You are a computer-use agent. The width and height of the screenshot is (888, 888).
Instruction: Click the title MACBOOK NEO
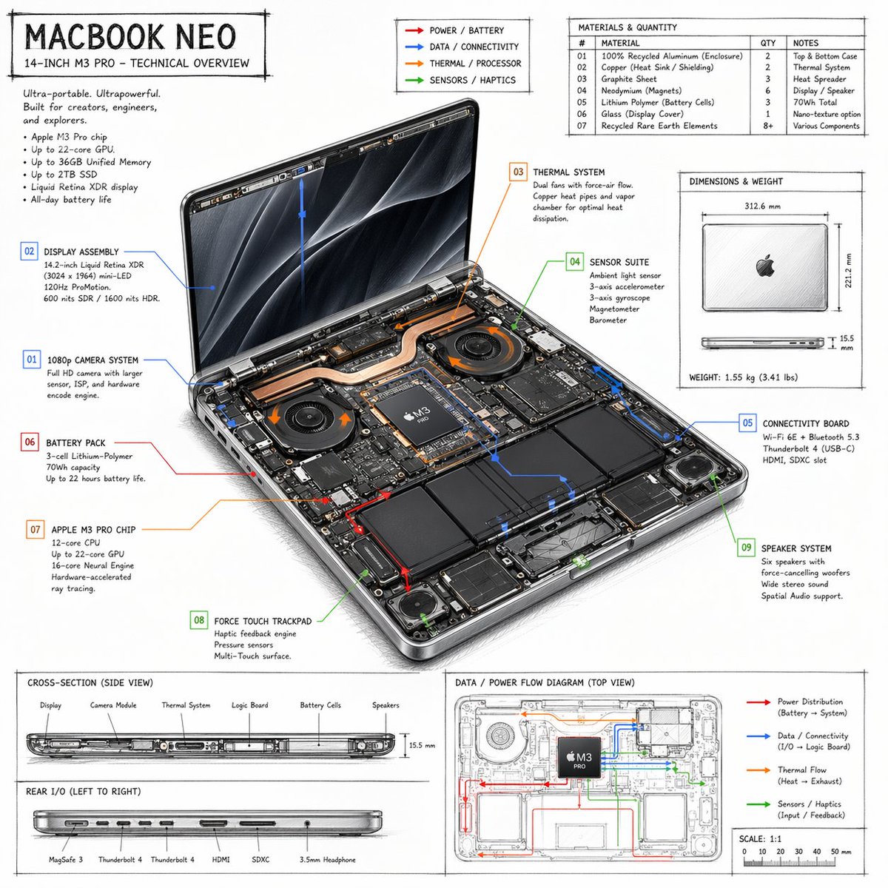click(x=130, y=37)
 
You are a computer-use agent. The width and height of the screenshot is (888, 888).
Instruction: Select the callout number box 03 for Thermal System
click(x=518, y=172)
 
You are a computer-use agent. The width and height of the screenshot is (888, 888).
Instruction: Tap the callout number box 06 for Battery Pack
click(x=30, y=443)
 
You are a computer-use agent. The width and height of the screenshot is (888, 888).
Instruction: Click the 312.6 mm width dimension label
click(x=762, y=206)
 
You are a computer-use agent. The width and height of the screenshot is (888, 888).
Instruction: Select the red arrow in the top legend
click(x=414, y=30)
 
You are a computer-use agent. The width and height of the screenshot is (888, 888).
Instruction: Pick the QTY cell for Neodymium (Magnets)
click(x=767, y=90)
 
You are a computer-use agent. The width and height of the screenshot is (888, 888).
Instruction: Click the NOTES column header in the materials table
click(x=805, y=43)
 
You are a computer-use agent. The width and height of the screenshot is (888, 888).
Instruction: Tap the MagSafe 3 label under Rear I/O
click(x=66, y=860)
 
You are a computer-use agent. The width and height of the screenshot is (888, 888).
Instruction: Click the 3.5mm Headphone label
click(x=327, y=860)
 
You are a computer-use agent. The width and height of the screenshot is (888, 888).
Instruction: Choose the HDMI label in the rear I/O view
click(x=221, y=860)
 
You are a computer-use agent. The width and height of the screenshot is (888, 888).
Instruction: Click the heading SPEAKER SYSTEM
click(x=795, y=548)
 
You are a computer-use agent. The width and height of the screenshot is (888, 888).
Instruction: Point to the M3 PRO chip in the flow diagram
click(x=579, y=757)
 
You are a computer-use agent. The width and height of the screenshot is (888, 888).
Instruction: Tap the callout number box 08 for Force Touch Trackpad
click(x=198, y=620)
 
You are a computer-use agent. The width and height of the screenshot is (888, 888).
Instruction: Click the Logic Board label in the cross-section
click(x=249, y=705)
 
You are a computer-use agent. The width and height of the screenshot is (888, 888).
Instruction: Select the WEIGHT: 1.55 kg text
click(x=743, y=377)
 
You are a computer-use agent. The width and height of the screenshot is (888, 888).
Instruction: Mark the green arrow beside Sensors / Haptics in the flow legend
click(x=758, y=804)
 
